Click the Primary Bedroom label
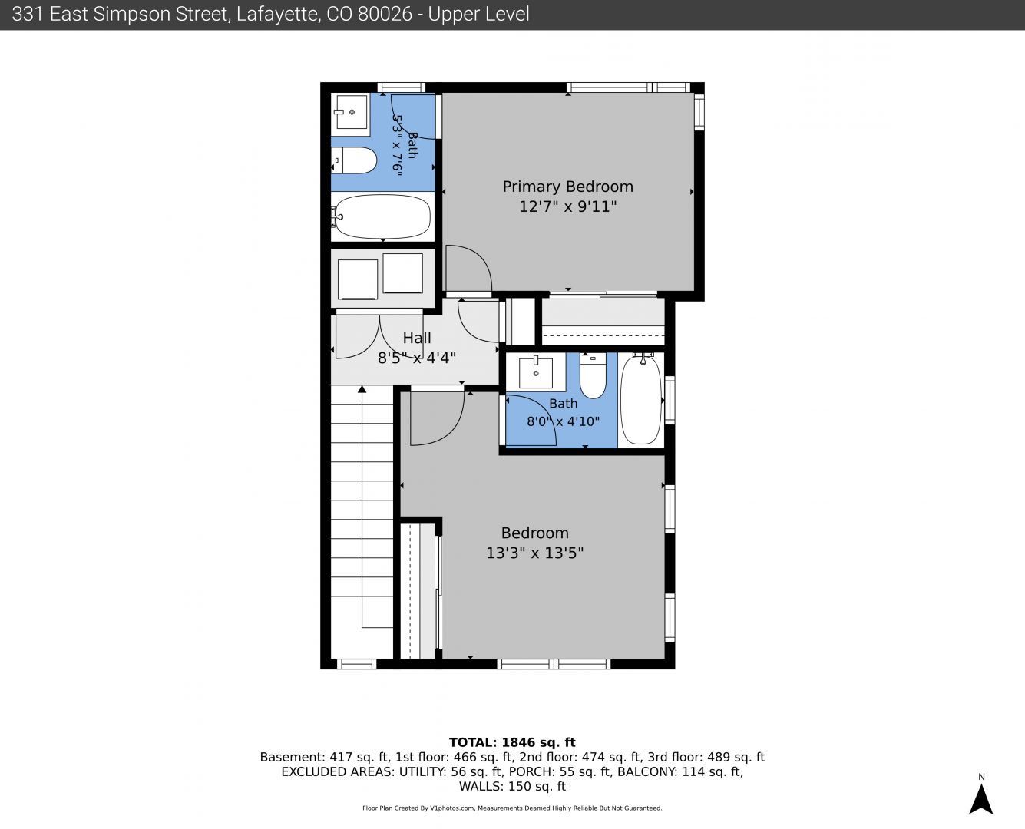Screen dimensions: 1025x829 pos(568,187)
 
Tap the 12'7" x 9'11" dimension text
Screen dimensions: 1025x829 pos(568,206)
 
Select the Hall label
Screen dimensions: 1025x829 pos(417,338)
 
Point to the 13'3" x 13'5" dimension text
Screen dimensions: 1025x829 pos(534,553)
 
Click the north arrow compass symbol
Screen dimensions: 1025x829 pos(981,799)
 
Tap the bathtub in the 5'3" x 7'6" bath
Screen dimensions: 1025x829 pos(382,216)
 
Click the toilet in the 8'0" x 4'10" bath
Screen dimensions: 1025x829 pos(593,376)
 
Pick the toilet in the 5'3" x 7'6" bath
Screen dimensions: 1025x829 pos(355,160)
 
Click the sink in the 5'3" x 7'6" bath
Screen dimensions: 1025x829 pos(352,112)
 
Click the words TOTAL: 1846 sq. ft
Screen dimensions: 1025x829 pos(512,742)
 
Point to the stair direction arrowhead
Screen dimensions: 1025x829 pos(362,389)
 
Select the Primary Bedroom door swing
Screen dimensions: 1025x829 pos(468,269)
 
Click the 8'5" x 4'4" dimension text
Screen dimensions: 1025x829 pos(417,358)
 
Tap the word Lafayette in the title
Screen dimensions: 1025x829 pos(277,15)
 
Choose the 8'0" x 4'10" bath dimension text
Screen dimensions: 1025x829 pos(563,422)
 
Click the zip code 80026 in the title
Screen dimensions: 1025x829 pos(385,15)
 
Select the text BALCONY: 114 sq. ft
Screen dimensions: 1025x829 pos(680,771)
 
